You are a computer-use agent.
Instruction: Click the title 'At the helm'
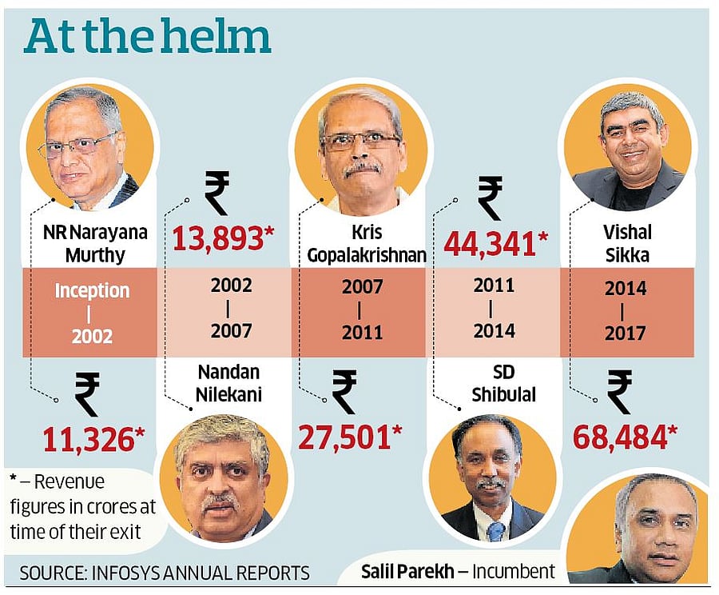147,38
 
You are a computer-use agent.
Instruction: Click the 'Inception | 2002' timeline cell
92,312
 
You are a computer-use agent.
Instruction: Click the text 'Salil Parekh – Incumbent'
457,571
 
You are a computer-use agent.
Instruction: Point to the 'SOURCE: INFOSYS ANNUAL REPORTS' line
165,573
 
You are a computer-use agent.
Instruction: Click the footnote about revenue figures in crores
83,507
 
